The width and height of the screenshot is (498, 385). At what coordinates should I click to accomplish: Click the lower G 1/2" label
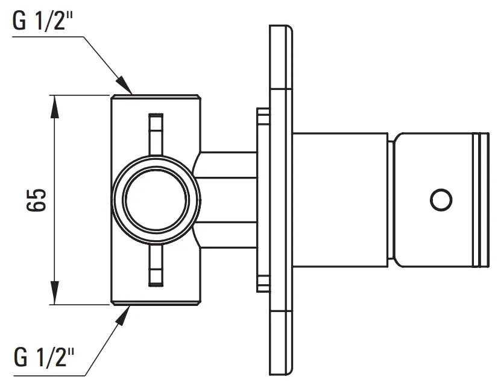click(44, 357)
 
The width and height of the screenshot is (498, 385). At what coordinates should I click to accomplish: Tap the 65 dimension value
click(36, 200)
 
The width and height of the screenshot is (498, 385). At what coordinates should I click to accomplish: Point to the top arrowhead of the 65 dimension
click(55, 106)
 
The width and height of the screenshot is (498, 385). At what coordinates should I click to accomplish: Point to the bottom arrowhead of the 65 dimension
click(55, 293)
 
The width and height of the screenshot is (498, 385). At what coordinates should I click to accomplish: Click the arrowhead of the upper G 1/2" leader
click(124, 86)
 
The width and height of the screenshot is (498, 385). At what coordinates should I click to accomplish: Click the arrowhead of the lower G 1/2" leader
click(122, 316)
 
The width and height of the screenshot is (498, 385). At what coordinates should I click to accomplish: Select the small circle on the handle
click(441, 200)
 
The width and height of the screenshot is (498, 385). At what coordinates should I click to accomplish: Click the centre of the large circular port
click(156, 200)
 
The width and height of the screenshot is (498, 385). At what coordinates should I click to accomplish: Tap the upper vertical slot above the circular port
click(156, 134)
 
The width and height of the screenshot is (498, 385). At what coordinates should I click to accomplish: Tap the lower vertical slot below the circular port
click(156, 266)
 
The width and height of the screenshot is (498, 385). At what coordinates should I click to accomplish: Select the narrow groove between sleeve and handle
click(391, 200)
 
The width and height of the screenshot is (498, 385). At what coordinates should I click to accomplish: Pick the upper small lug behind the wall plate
click(263, 116)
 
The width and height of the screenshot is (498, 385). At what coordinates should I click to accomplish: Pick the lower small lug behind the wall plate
click(263, 284)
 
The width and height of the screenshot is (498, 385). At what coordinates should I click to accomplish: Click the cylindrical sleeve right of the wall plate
click(340, 200)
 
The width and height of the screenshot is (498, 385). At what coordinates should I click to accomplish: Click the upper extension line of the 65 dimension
click(80, 95)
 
